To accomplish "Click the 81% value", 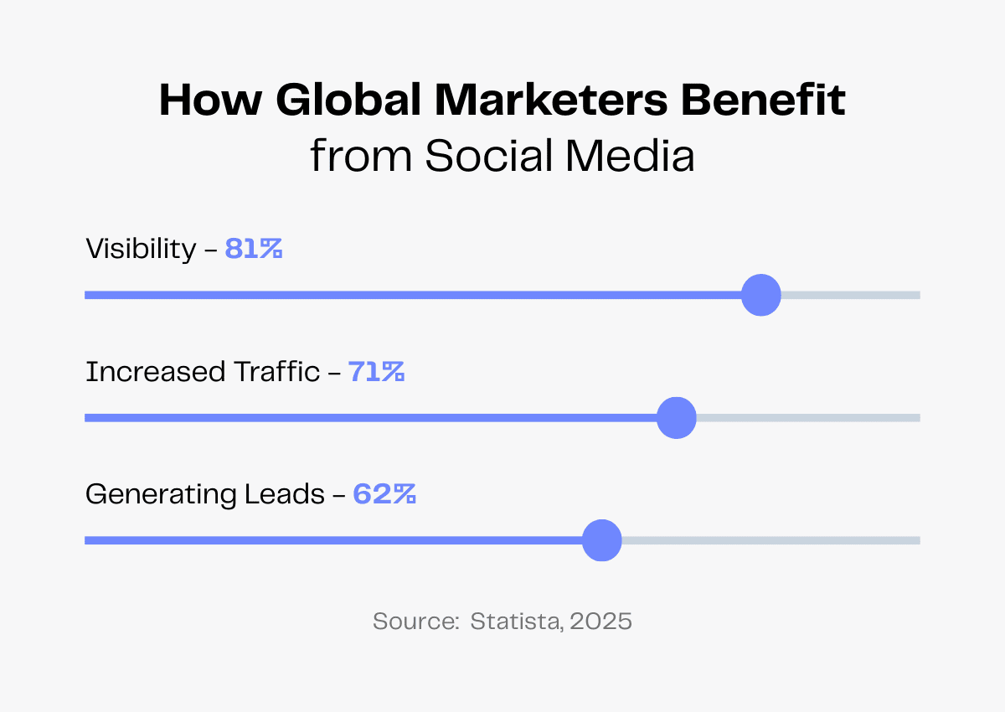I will [x=254, y=249].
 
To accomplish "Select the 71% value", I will [x=377, y=372].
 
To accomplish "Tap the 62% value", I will [x=384, y=494].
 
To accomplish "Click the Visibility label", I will [x=141, y=249].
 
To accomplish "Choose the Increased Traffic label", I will [x=203, y=372].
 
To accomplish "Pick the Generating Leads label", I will [x=205, y=494].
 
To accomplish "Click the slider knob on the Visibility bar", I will [x=761, y=295].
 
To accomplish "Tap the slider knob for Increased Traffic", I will [x=676, y=418].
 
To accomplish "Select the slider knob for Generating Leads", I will [x=602, y=540].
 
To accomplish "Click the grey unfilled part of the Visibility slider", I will [x=850, y=295].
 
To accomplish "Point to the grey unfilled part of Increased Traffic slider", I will [x=808, y=418].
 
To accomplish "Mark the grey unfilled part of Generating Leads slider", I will [x=770, y=540].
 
